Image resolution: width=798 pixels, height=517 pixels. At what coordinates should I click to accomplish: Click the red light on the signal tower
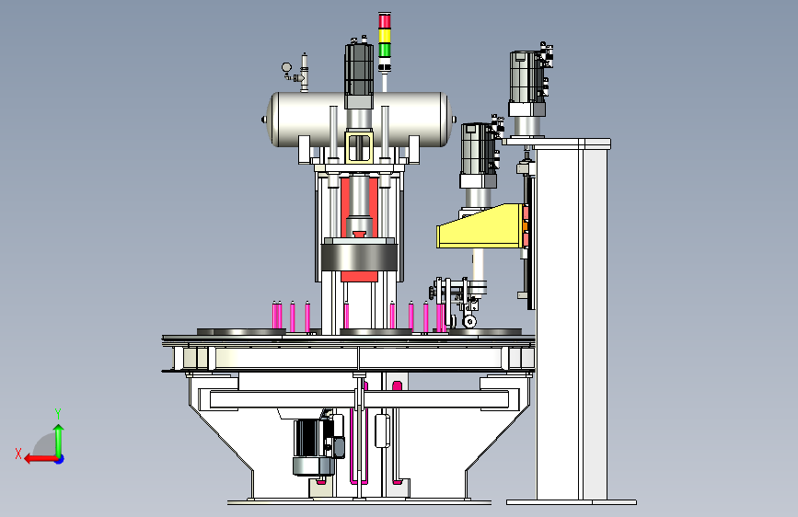coord(385,20)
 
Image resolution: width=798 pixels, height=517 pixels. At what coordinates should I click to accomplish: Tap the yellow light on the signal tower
coord(385,36)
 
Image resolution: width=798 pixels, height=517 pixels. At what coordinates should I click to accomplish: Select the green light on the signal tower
coord(385,50)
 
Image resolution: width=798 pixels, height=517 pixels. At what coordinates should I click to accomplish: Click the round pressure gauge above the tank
coord(286,67)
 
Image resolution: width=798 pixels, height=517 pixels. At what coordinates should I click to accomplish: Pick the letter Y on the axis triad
coord(58,413)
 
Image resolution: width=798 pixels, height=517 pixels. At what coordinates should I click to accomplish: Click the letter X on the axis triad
coord(18,454)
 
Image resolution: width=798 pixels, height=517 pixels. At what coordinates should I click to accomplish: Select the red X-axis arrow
coord(40,459)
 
